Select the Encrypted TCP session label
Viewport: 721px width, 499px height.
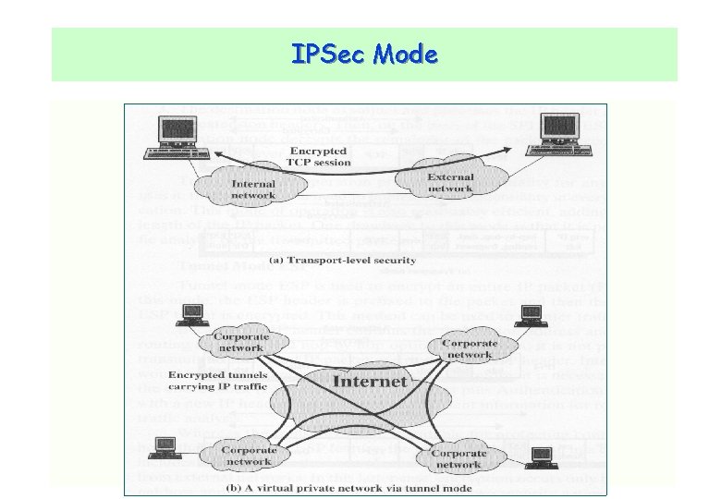319,157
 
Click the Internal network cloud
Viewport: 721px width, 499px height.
252,189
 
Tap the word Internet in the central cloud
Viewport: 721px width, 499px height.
369,381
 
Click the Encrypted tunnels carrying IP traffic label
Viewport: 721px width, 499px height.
218,381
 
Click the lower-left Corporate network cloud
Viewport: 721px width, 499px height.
247,456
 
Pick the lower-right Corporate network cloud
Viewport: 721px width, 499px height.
458,458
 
